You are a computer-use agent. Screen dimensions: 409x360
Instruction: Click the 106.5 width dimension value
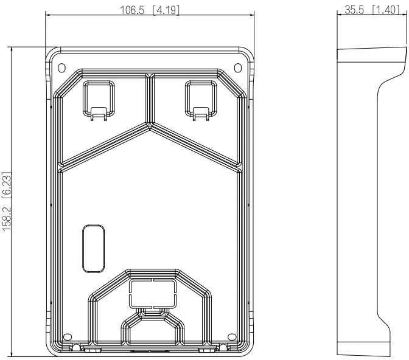[x=132, y=10]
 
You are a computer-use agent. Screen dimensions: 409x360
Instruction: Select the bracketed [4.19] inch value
[x=166, y=10]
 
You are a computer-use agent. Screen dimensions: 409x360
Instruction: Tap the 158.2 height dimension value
[x=7, y=218]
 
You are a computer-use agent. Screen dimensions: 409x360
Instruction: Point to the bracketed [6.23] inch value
[x=7, y=186]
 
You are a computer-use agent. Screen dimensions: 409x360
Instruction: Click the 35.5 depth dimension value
[x=354, y=10]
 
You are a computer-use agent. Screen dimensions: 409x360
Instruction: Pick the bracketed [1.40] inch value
[x=385, y=10]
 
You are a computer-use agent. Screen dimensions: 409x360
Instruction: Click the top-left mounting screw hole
[x=61, y=67]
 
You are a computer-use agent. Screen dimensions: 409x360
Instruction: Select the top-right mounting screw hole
[x=237, y=67]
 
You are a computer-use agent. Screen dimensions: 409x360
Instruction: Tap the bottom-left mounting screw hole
[x=68, y=337]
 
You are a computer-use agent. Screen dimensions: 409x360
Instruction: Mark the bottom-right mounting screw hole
[x=232, y=337]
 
